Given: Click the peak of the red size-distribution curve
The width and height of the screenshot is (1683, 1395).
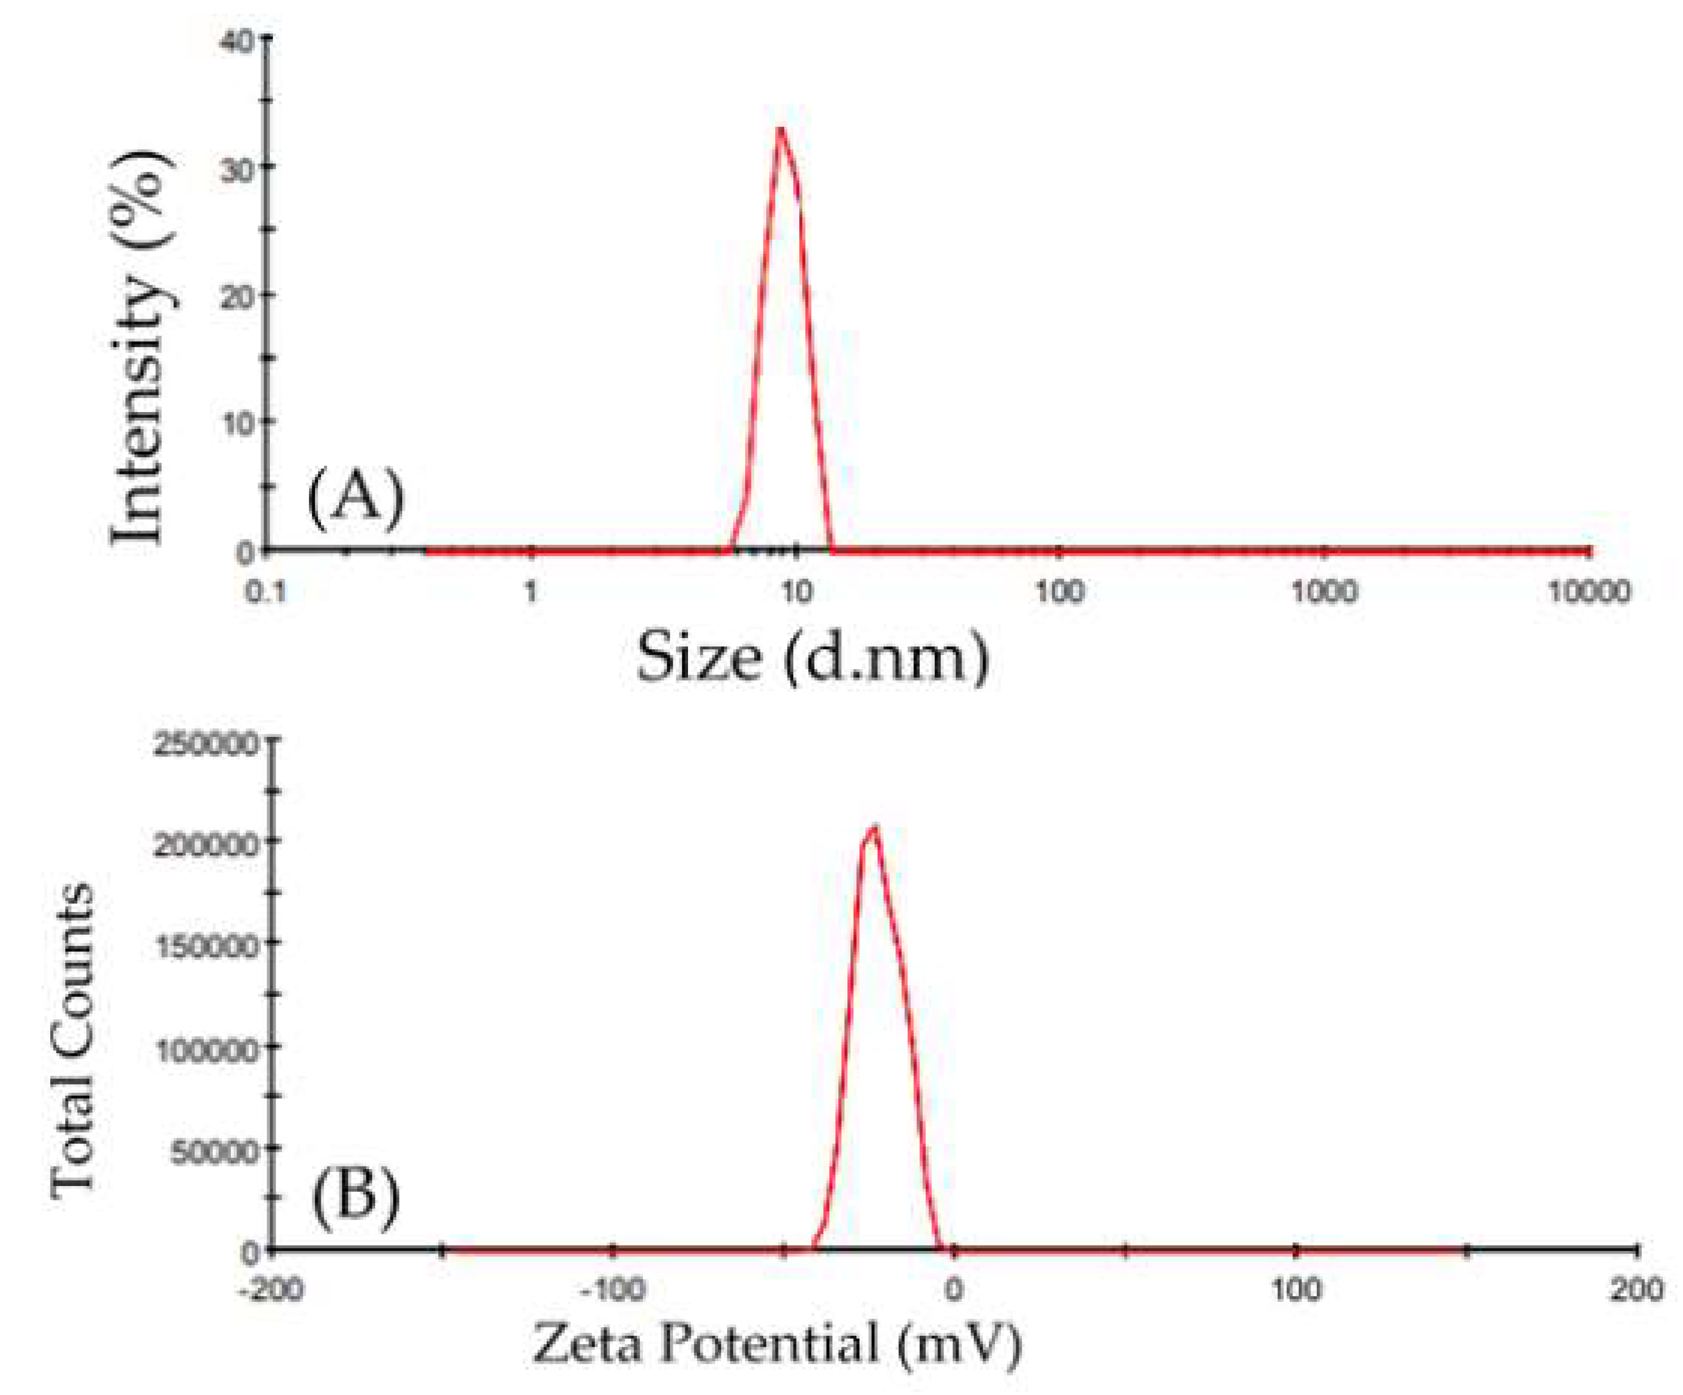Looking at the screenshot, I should [x=780, y=129].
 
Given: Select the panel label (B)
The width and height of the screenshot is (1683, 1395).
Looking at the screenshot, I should [x=356, y=1202].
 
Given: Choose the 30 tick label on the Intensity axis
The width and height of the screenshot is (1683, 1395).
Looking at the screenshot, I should [x=237, y=168].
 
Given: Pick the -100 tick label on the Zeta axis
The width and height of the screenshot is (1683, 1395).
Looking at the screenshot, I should [x=613, y=1291].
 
